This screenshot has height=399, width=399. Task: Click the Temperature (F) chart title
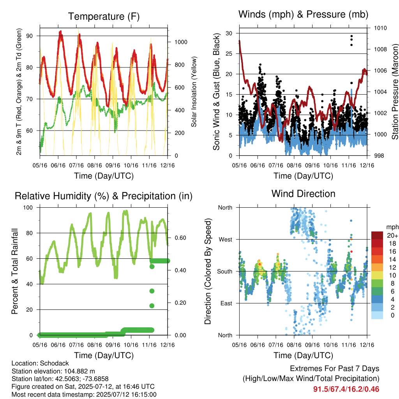104,16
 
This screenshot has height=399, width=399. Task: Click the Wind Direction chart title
303,194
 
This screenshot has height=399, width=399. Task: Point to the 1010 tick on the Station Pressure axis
380,28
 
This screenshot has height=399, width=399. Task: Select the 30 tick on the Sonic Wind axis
229,33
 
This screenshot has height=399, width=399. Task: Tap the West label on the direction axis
226,240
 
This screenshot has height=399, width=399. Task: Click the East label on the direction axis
226,303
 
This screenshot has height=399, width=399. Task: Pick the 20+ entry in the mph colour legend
392,235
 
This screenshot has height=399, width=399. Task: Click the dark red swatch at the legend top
377,235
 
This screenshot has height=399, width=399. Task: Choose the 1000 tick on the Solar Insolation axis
181,42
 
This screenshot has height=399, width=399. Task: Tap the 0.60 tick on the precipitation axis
180,238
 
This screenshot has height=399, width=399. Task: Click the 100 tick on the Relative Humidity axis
28,207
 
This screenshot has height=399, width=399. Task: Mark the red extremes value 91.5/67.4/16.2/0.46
346,389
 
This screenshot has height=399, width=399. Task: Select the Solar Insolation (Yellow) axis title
194,92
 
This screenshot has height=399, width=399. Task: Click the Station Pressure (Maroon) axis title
395,92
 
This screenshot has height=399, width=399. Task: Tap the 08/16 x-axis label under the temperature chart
95,165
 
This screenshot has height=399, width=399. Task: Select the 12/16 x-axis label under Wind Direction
367,345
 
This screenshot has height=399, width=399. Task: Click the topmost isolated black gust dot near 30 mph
352,36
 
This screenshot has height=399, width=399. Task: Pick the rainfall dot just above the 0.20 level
152,305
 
